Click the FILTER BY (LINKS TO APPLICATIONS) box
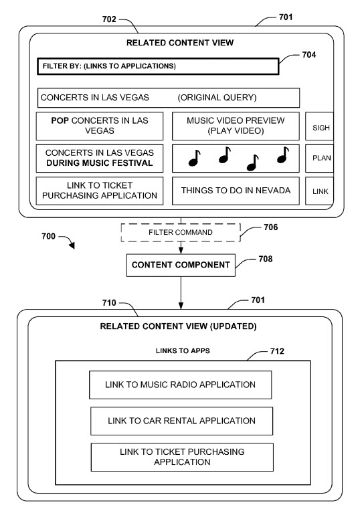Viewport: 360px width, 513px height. coord(156,66)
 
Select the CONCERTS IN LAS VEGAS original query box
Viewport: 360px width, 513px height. coord(169,98)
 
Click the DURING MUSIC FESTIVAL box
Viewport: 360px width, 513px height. coord(98,158)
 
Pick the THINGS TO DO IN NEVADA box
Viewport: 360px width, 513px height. coord(236,191)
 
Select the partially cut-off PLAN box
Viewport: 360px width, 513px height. coord(319,159)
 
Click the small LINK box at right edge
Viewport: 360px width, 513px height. coord(319,191)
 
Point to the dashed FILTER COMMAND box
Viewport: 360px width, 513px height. coord(180,232)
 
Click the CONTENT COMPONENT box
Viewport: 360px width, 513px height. coord(180,265)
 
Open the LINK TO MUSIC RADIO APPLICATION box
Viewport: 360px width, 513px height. coord(180,385)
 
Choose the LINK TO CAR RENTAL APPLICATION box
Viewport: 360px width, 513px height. coord(181,421)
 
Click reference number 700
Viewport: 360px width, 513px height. coord(44,237)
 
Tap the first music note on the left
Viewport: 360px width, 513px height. coord(194,157)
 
